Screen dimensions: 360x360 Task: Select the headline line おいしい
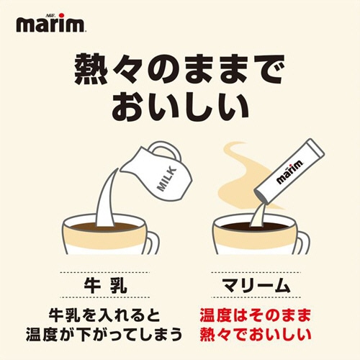[x=179, y=106]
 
